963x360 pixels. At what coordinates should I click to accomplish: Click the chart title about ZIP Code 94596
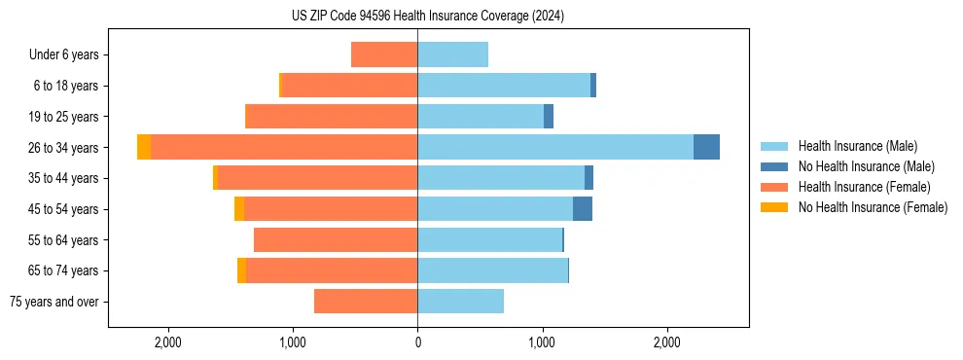(427, 16)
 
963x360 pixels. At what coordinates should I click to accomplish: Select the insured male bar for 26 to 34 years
(554, 147)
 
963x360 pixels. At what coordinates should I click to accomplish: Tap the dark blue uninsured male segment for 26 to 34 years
(706, 147)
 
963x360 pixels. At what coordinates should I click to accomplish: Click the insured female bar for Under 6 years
(384, 54)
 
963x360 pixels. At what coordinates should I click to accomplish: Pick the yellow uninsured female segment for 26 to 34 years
(144, 147)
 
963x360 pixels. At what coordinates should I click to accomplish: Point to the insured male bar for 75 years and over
(460, 302)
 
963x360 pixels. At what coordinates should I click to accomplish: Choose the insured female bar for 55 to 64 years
(336, 239)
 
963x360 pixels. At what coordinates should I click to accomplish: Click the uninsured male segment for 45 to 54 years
(582, 208)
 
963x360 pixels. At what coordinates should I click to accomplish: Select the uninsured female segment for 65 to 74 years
(241, 270)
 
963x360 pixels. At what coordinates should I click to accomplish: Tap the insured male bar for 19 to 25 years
(481, 116)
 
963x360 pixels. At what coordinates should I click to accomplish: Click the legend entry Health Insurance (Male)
(857, 146)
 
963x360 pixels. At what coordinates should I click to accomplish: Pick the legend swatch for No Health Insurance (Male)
(775, 166)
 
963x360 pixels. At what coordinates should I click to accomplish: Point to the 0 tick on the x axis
(417, 342)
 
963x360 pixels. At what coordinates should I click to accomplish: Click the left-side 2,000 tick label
(168, 342)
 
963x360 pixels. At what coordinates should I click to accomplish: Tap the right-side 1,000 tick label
(542, 342)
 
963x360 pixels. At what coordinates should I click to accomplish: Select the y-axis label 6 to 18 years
(66, 86)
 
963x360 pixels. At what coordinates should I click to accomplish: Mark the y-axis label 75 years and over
(54, 302)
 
